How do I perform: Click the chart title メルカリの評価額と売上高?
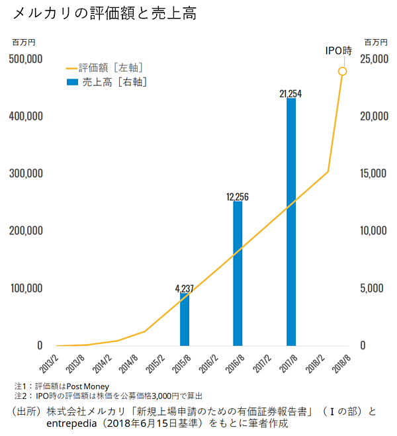tap(104, 13)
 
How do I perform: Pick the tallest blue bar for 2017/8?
tap(291, 222)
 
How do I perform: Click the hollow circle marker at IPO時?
tap(342, 71)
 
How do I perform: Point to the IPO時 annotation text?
tap(339, 51)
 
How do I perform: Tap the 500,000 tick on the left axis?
tap(26, 59)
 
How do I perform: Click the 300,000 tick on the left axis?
tap(26, 173)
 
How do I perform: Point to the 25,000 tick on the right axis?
tap(372, 59)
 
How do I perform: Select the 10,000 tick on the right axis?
tap(372, 231)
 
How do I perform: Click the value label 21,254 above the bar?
tap(291, 94)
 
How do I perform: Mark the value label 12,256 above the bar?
tap(238, 197)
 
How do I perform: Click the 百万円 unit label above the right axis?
tap(372, 41)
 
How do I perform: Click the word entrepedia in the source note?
tap(73, 423)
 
